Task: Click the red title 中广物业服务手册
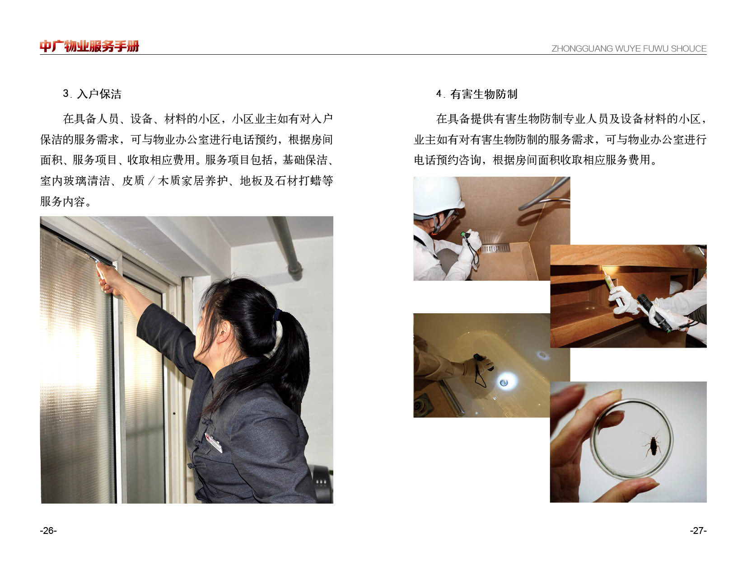[89, 46]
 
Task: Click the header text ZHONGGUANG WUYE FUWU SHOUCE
[629, 49]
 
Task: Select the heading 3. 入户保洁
[92, 94]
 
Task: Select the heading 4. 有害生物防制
[476, 94]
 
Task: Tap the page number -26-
[48, 530]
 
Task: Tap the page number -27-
[698, 530]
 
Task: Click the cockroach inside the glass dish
[652, 445]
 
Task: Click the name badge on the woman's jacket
[214, 443]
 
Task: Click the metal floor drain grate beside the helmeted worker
[495, 249]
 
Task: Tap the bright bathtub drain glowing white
[504, 382]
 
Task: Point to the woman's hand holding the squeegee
[108, 278]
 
